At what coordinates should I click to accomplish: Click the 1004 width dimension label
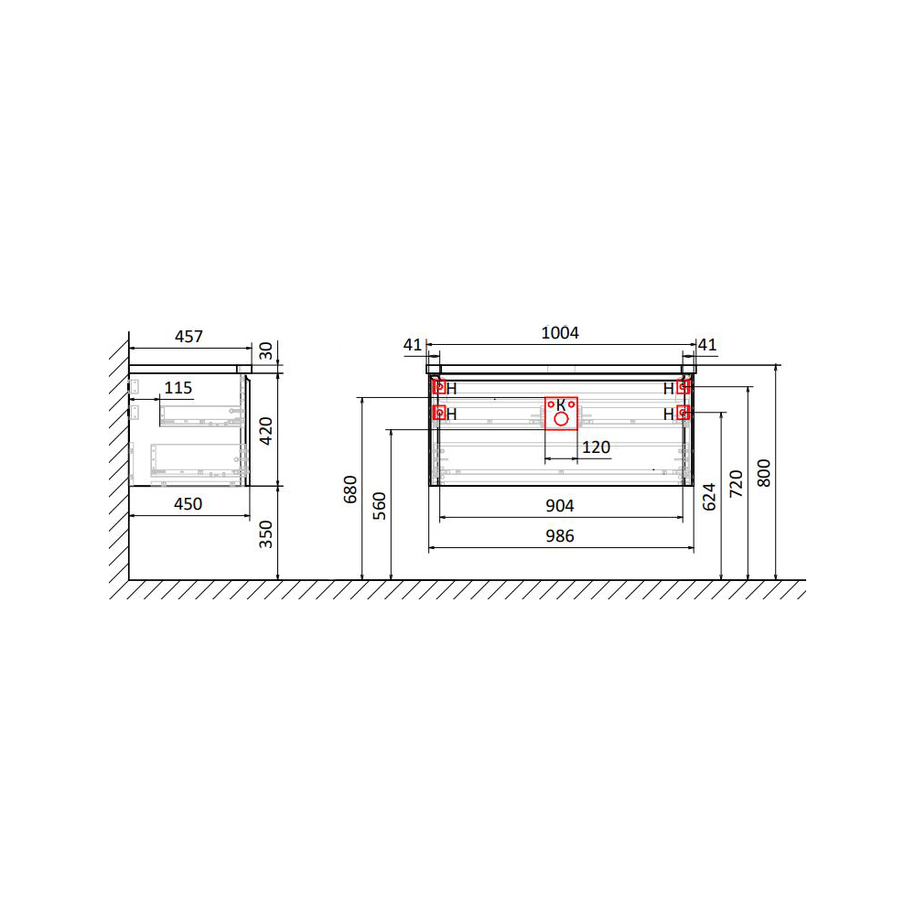coord(560,333)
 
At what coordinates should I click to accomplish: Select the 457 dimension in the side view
coord(188,337)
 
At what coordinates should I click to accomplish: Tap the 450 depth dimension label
coord(188,504)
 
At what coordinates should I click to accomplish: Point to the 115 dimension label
coord(178,388)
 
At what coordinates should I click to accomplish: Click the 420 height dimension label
coord(266,431)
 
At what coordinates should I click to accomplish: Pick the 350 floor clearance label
coord(266,534)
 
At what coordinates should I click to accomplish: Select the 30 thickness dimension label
coord(266,351)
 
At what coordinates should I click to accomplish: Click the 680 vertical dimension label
coord(350,490)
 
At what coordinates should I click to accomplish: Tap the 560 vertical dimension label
coord(380,506)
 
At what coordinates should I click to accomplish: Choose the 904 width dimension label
coord(560,506)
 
